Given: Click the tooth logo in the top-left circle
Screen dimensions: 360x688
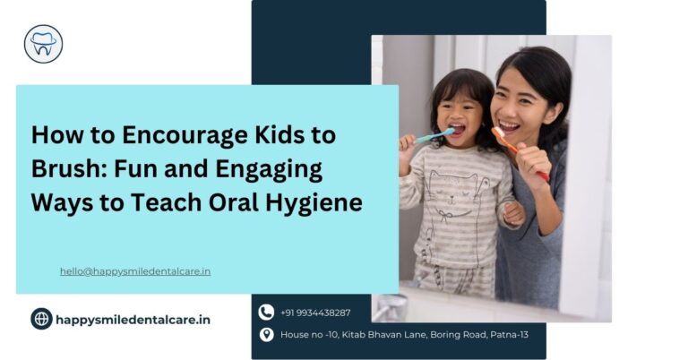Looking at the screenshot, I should click(43, 43).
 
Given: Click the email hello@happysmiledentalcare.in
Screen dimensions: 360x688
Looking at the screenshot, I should click(135, 270).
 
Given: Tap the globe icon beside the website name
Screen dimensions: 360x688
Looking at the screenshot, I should click(41, 319).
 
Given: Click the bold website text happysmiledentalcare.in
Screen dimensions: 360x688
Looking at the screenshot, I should click(133, 319).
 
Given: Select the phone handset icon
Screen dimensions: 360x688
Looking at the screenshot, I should click(266, 313).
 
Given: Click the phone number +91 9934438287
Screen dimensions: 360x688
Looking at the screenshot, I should click(315, 313).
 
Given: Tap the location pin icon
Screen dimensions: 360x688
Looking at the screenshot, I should click(266, 335).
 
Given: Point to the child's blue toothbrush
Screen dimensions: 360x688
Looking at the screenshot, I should click(434, 136).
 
